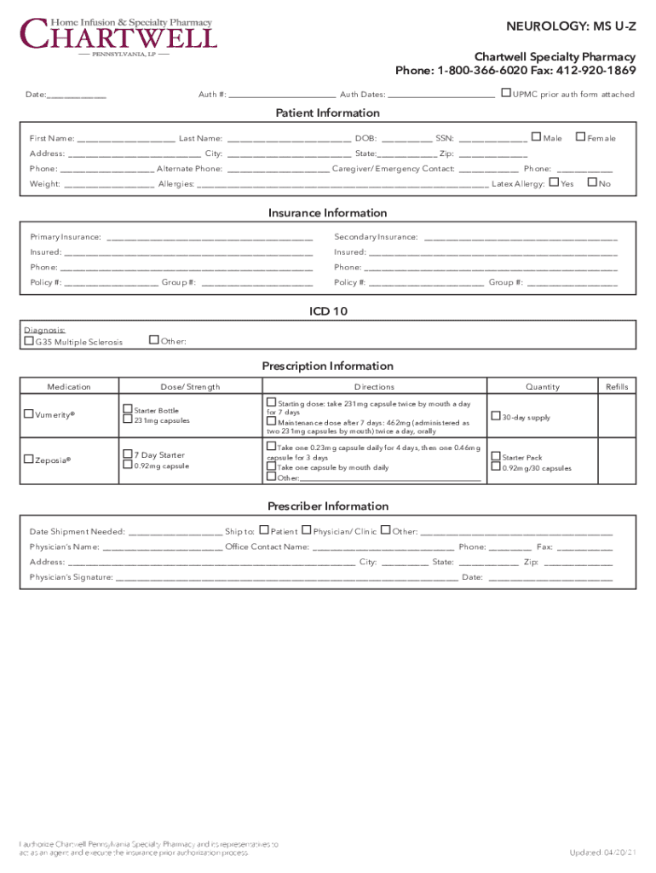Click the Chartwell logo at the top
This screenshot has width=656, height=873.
119,35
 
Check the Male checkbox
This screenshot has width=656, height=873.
536,136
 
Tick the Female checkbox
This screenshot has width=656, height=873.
580,136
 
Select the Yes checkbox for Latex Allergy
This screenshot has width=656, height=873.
555,182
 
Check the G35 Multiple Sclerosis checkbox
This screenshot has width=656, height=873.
29,341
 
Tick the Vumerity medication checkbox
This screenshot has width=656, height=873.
29,413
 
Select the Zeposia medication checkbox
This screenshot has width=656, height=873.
29,460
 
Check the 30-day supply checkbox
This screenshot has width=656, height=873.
496,417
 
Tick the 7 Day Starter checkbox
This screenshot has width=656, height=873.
127,454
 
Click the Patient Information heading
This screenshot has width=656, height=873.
327,113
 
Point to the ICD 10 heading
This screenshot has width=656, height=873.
327,311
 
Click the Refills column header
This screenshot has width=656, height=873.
616,387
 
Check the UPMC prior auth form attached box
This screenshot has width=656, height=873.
506,93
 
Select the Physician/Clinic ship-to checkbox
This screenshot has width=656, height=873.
308,530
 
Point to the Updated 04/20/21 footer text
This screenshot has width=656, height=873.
601,853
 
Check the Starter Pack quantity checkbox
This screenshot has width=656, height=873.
496,456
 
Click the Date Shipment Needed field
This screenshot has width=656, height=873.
175,532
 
